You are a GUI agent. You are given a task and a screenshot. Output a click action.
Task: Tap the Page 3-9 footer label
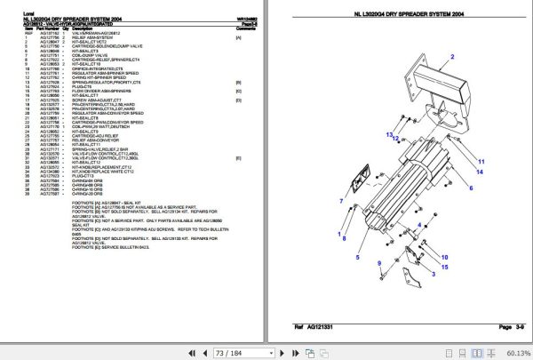[x=488, y=327]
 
